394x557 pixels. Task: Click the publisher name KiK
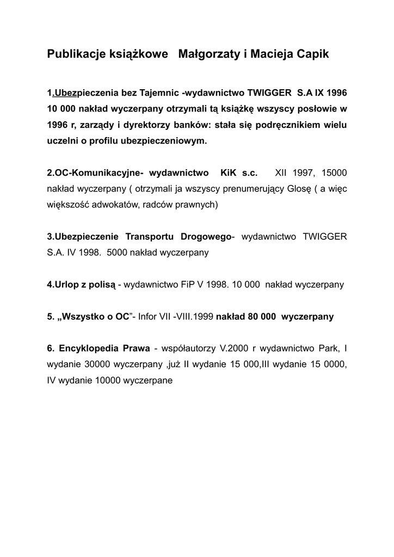(229, 173)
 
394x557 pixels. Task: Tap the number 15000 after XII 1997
(334, 173)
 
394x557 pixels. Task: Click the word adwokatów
(125, 205)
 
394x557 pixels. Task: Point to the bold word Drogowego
(206, 237)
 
